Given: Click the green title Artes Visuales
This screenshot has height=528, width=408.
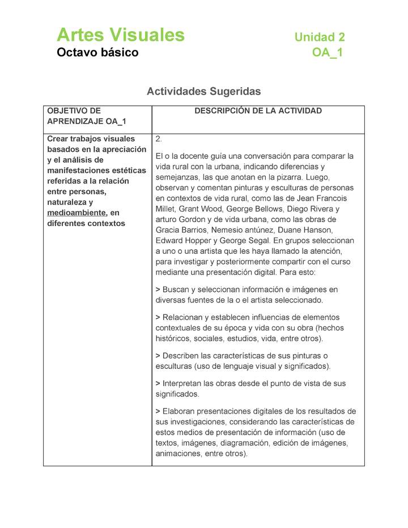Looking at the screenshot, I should tap(120, 35).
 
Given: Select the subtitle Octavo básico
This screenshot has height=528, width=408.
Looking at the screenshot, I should tap(97, 53).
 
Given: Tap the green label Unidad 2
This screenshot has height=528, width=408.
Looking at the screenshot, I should tap(320, 37).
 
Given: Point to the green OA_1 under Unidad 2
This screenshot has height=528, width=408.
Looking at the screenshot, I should tap(327, 53).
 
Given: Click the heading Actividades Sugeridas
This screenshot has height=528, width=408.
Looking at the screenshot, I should tap(203, 91).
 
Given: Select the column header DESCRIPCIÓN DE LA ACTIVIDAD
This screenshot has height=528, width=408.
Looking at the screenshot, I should tap(258, 111).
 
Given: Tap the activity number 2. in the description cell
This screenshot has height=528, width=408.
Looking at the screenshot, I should tap(159, 139).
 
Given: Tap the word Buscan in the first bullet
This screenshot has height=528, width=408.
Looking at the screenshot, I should tap(176, 289).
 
